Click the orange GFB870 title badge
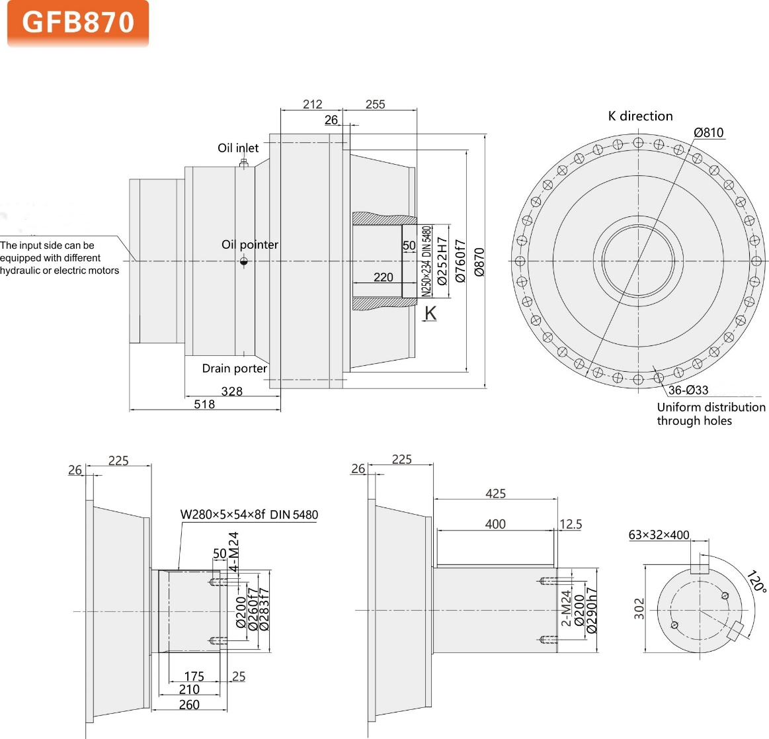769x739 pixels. (x=78, y=23)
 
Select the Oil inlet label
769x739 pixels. (x=238, y=148)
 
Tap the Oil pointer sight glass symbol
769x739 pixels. (x=243, y=261)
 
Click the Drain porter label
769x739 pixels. (x=234, y=369)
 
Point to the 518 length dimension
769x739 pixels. (x=204, y=404)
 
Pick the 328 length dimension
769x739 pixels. (x=231, y=391)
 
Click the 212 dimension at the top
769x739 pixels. (x=312, y=105)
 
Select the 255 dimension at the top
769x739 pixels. (x=375, y=105)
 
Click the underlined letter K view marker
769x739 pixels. (x=430, y=313)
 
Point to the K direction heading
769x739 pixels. (x=640, y=116)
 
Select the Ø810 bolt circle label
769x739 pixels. (x=708, y=132)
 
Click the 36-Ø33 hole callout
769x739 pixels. (x=688, y=390)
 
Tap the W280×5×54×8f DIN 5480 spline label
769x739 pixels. (x=249, y=515)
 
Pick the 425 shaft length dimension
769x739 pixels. (x=495, y=494)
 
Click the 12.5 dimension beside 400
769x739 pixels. (x=570, y=525)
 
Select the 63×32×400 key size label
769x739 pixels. (x=659, y=535)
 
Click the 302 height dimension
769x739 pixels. (x=639, y=609)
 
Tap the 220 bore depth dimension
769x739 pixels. (x=383, y=277)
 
